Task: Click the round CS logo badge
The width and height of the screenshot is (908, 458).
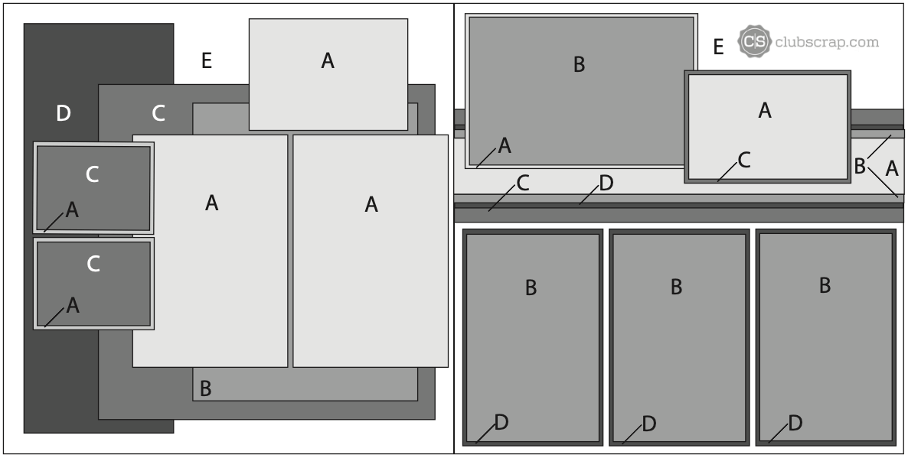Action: (x=754, y=41)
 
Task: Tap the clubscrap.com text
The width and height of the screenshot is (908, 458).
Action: (x=826, y=42)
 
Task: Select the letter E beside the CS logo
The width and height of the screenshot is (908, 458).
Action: (x=718, y=47)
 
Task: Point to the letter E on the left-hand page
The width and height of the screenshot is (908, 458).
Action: (x=206, y=60)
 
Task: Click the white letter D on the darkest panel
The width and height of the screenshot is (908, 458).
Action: (x=63, y=113)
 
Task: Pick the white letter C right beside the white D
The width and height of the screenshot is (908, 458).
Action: (x=158, y=113)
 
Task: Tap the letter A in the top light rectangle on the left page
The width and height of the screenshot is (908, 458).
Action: (x=328, y=60)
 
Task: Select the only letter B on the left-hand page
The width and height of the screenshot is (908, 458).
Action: (x=205, y=388)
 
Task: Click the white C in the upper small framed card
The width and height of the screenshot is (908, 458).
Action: (x=92, y=174)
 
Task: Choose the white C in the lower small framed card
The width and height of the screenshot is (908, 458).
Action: (x=93, y=265)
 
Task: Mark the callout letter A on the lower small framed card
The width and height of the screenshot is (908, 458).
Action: (x=73, y=305)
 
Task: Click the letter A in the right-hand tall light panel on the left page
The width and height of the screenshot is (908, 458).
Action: (x=371, y=204)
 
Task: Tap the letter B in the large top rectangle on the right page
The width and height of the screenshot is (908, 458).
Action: (x=579, y=65)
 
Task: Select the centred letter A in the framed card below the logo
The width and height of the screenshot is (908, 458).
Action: (x=764, y=110)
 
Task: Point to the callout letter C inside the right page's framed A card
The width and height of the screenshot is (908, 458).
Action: (x=744, y=160)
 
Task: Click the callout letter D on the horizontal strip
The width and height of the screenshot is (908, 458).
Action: (x=606, y=184)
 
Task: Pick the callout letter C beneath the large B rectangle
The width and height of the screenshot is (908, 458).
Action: (x=522, y=184)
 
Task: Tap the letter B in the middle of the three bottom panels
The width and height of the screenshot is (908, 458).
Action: (x=676, y=287)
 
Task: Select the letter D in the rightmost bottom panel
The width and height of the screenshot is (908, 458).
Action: (x=795, y=424)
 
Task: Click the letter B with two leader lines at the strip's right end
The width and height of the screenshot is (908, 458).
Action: (x=859, y=167)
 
